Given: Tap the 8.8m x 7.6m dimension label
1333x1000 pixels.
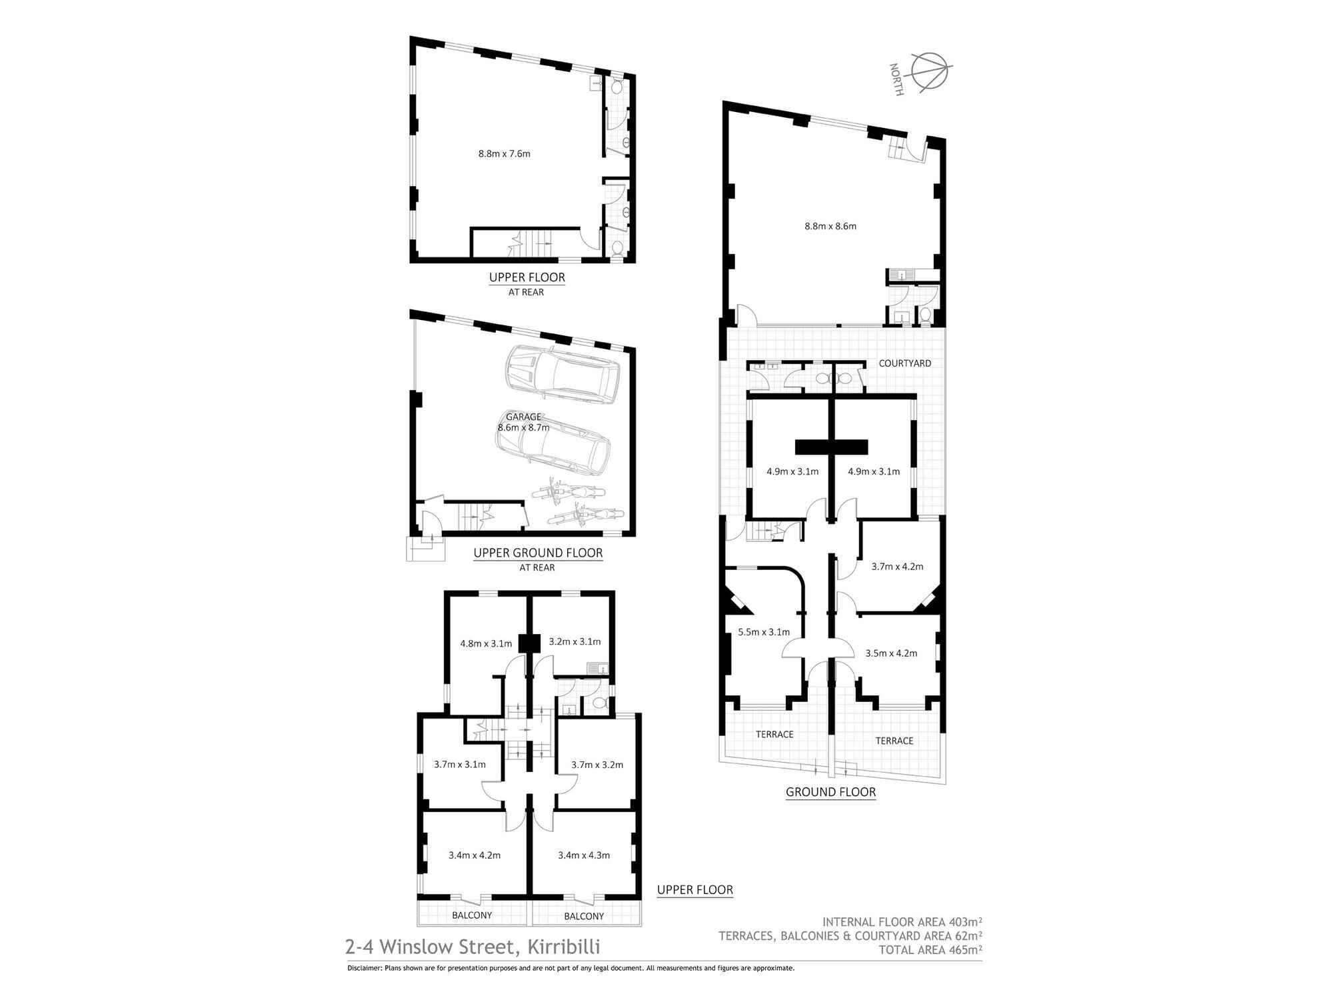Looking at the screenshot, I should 504,154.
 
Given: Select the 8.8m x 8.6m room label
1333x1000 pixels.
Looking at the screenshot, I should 830,226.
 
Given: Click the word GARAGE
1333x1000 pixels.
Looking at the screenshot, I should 523,417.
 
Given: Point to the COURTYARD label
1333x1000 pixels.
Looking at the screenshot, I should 904,363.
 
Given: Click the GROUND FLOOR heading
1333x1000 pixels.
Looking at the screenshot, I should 830,792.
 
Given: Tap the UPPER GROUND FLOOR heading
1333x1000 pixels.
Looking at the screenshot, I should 538,553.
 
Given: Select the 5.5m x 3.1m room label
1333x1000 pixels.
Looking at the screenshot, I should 764,632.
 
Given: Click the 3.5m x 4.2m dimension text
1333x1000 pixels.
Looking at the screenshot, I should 891,653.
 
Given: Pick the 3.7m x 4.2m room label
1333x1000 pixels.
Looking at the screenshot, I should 897,567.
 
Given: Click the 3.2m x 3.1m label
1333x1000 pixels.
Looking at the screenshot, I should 575,642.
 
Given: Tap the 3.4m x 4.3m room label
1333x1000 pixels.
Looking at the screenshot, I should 584,855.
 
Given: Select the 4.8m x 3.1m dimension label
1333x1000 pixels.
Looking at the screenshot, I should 486,643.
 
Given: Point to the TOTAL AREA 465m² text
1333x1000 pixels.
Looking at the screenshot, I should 930,950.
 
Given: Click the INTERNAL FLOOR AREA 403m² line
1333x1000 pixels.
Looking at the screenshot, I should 902,922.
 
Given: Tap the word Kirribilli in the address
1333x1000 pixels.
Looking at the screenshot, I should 564,947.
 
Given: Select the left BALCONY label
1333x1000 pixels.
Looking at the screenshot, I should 472,915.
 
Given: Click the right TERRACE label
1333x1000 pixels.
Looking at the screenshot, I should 894,741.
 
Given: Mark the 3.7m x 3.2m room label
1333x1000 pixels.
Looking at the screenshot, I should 597,765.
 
